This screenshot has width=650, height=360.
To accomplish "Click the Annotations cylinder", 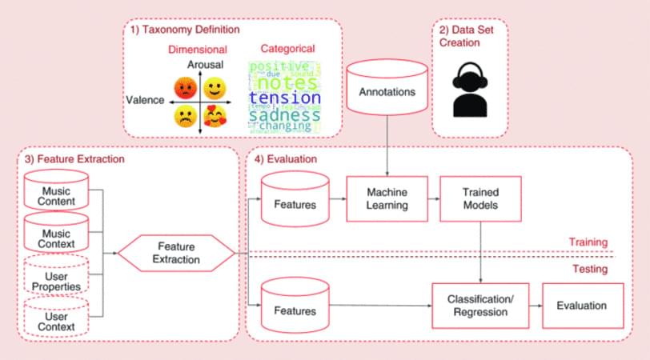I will [387, 92].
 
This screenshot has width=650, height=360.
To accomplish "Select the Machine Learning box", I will [387, 199].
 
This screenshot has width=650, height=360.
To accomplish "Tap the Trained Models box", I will [481, 199].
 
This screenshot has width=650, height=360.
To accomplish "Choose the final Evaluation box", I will [582, 305].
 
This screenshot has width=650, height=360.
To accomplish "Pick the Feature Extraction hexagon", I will [176, 254].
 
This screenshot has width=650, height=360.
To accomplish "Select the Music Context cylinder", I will [55, 237].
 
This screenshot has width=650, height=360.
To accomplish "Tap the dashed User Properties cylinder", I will [55, 279].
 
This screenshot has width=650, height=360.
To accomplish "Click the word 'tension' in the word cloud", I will [285, 98].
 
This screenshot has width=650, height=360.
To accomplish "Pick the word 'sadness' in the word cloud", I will [283, 116].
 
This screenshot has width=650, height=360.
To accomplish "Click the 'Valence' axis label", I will [145, 101].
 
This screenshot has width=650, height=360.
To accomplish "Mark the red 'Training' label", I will [589, 242].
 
